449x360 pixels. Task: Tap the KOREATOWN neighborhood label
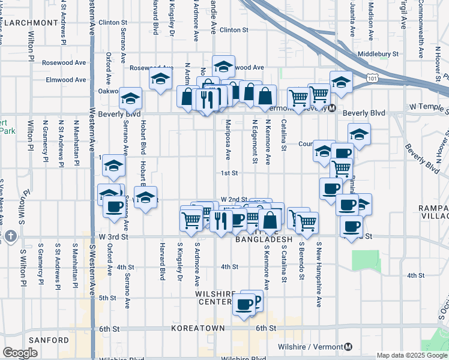197,329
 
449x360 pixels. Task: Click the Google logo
20,353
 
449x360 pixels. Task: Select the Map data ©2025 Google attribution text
412,355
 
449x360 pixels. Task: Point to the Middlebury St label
378,54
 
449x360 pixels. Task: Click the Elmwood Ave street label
70,79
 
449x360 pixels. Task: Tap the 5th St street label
107,298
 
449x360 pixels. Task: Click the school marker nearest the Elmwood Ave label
160,78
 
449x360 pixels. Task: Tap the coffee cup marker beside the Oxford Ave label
113,206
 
